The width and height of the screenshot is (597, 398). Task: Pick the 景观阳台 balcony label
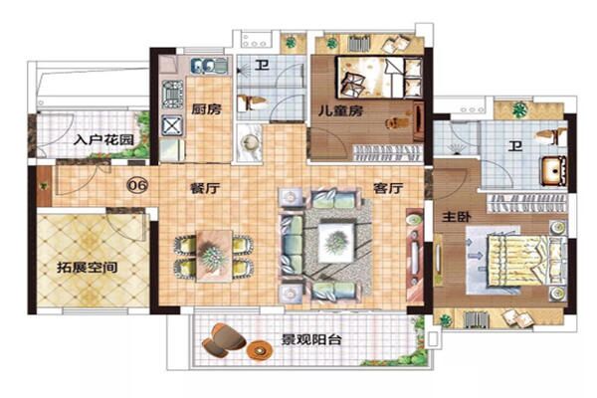click(x=310, y=340)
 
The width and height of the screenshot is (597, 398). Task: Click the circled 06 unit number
click(x=138, y=184)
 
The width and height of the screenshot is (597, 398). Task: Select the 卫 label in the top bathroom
click(x=259, y=67)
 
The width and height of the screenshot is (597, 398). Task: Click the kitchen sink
click(x=208, y=68)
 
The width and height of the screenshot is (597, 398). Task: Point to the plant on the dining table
click(x=211, y=256)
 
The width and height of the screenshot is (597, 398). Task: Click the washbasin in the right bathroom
click(x=551, y=170)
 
